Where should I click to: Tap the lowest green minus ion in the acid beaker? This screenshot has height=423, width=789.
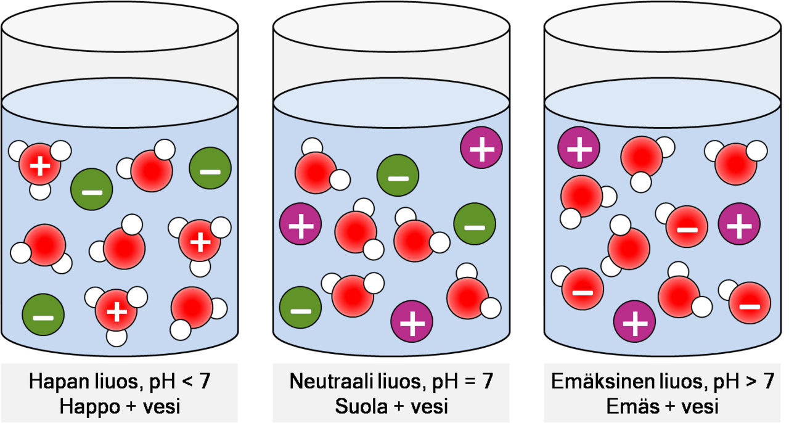43,316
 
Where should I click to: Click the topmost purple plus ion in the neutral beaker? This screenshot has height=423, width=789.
481,148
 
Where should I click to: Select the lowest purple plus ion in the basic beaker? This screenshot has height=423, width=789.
634,322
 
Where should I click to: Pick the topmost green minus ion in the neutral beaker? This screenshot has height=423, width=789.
398,177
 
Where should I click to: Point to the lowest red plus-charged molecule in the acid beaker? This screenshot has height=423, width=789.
116,311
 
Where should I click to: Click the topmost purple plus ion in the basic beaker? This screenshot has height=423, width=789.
579,148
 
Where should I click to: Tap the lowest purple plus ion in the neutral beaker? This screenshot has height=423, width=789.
412,321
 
